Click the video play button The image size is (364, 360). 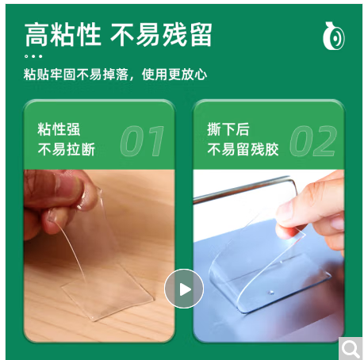184,289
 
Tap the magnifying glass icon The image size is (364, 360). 351,349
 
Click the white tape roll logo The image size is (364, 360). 334,36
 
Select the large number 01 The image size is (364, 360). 142,141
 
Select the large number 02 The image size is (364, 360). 313,141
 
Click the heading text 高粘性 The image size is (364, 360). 63,35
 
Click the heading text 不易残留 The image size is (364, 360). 161,35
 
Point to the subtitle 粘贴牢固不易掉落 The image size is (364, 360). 76,75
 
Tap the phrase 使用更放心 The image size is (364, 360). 174,75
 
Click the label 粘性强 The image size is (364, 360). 59,129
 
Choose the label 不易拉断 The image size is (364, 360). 67,149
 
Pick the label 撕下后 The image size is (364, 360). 228,129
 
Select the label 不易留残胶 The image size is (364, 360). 243,149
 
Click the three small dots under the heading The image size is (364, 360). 33,56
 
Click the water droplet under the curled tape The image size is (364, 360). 270,293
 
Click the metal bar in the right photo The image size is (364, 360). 244,190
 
